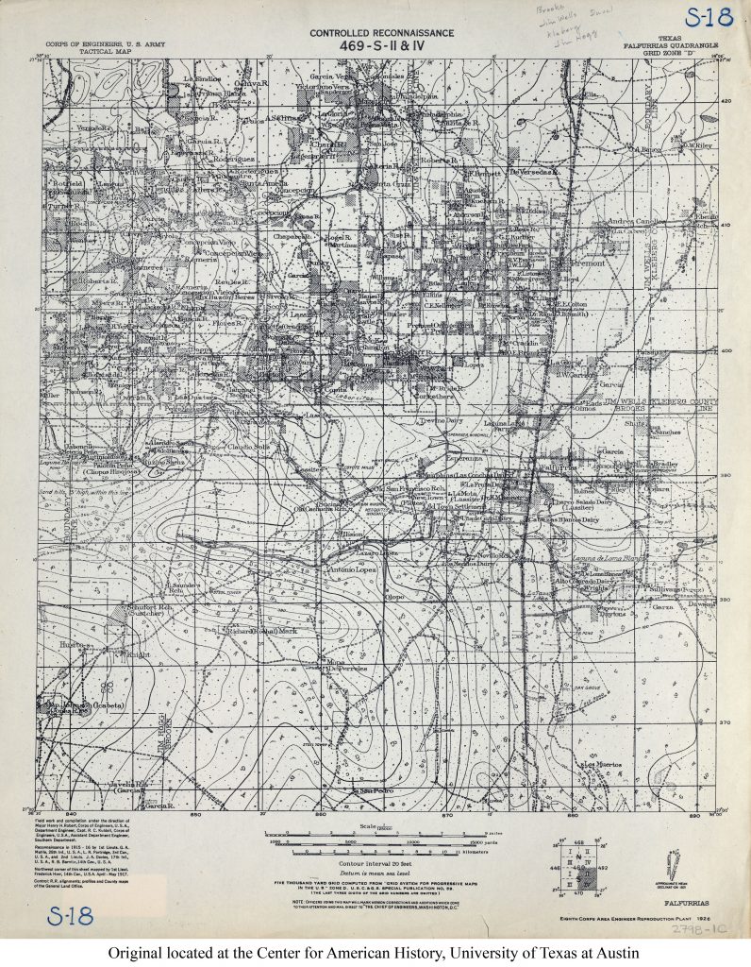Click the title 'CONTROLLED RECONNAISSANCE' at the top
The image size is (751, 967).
(375, 33)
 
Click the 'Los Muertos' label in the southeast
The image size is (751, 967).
(606, 763)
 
